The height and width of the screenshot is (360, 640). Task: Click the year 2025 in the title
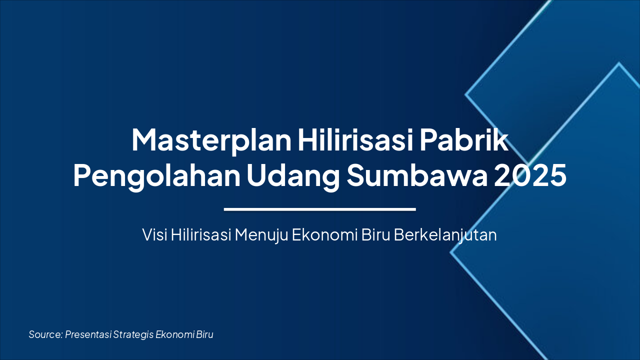click(x=530, y=175)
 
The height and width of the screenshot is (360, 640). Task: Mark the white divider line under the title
click(x=320, y=209)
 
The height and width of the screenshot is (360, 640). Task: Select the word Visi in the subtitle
click(x=154, y=235)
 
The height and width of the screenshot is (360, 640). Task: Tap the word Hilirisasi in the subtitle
click(x=201, y=235)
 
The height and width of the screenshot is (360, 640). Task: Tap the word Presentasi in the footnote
click(x=88, y=334)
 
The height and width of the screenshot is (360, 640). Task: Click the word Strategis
click(x=133, y=335)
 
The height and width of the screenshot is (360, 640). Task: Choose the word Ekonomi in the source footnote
click(x=174, y=334)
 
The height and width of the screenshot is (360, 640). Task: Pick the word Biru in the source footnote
click(x=204, y=334)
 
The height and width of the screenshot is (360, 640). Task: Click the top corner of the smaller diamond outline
click(x=618, y=63)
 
